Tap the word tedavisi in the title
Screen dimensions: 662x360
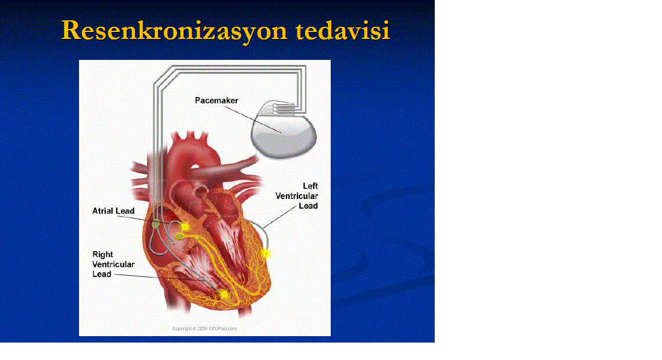tap(342, 30)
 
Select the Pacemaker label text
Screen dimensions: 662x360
tap(217, 101)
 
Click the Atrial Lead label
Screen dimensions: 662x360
tap(113, 211)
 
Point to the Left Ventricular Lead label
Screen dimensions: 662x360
tap(297, 196)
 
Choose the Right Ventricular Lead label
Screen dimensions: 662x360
tap(113, 264)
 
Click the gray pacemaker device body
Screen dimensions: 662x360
tap(284, 135)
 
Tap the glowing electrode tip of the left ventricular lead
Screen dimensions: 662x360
tap(266, 254)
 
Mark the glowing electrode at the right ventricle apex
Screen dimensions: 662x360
tap(224, 294)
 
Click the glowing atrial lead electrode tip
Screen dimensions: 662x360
tap(184, 226)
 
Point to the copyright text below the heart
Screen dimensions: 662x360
tap(205, 329)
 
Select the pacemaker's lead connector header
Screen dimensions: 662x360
tap(283, 108)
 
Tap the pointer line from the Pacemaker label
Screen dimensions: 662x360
tap(252, 120)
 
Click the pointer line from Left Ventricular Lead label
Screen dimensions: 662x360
tap(280, 217)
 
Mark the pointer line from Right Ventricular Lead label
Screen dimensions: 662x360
tap(159, 277)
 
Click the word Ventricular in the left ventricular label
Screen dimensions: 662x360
tap(297, 196)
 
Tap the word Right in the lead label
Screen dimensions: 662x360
tap(103, 254)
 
